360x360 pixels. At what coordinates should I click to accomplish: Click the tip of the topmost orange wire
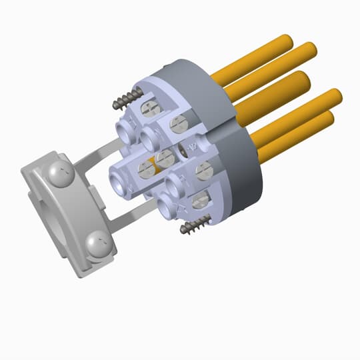click(x=285, y=41)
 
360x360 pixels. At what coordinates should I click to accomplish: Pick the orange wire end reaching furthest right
click(x=335, y=97)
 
